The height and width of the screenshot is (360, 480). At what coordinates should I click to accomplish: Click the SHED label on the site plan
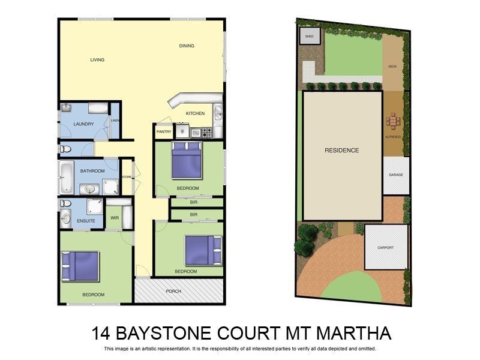[x=310, y=37]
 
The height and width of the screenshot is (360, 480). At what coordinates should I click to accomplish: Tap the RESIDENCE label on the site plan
[x=342, y=150]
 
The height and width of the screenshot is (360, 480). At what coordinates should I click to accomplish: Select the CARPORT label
[x=386, y=247]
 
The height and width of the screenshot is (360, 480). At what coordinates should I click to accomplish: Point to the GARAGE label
[x=396, y=175]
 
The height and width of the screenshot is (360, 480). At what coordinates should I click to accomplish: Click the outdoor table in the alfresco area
[x=394, y=122]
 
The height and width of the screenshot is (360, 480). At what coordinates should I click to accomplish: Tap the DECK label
[x=392, y=67]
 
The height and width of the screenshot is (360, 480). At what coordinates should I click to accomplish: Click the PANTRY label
[x=164, y=131]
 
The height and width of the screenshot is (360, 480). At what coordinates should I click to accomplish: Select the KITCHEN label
[x=195, y=113]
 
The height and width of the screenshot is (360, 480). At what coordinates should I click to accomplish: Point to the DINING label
[x=187, y=46]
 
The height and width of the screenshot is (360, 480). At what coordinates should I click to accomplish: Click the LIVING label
[x=97, y=60]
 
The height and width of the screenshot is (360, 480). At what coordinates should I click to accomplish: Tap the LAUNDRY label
[x=83, y=124]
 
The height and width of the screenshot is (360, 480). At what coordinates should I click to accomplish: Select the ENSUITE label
[x=86, y=221]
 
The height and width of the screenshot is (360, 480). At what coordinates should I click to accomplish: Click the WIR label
[x=114, y=218]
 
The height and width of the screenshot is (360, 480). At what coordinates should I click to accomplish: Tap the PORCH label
[x=173, y=291]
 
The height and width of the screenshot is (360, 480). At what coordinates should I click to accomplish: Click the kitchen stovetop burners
[x=207, y=133]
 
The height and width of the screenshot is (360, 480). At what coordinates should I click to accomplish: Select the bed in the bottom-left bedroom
[x=80, y=266]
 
